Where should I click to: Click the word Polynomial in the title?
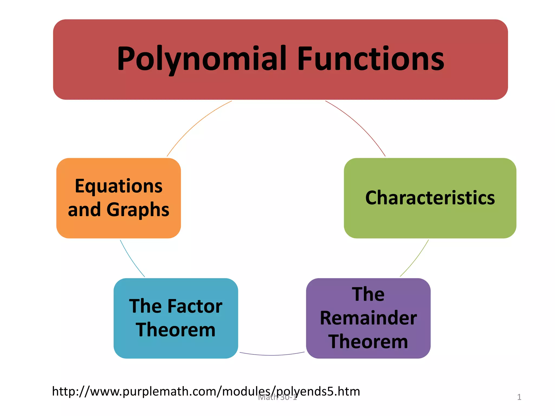pos(202,59)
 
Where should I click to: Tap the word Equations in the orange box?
pos(119,186)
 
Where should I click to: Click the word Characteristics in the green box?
pos(430,198)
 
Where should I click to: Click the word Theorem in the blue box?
pos(176,330)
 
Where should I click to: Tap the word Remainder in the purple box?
pos(368,318)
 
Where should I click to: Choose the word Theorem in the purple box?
pos(368,342)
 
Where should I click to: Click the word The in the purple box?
pos(368,294)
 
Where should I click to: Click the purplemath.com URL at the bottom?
pos(206,392)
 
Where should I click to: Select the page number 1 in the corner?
pos(519,397)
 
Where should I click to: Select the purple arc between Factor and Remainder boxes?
pos(272,355)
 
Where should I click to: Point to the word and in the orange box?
pos(84,210)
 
